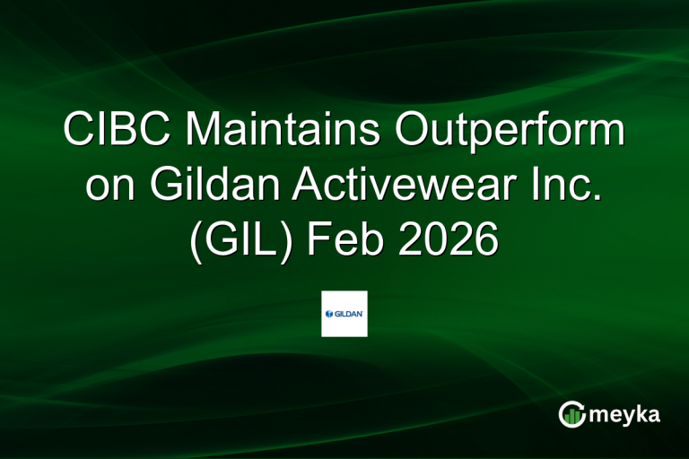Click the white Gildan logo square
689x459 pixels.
[344, 314]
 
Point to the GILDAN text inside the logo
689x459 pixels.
[350, 314]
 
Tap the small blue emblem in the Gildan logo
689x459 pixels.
[329, 314]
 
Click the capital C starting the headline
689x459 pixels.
[78, 132]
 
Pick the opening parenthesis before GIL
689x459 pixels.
[196, 241]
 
